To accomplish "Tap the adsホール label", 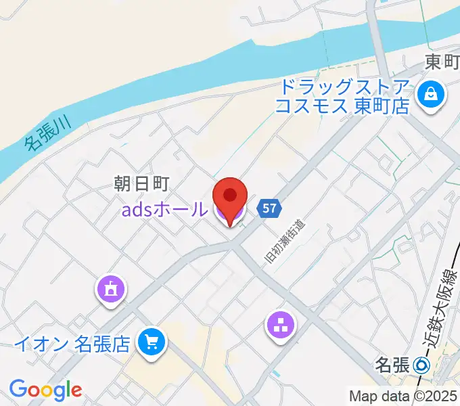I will click(164, 210).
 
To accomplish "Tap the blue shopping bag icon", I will click(430, 96).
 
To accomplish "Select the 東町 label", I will click(442, 62).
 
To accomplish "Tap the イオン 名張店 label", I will click(71, 344).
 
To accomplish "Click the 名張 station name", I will click(392, 365).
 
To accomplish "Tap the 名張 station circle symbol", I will click(422, 365).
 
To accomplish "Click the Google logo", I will click(45, 390).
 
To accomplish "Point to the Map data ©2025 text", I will click(403, 397).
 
